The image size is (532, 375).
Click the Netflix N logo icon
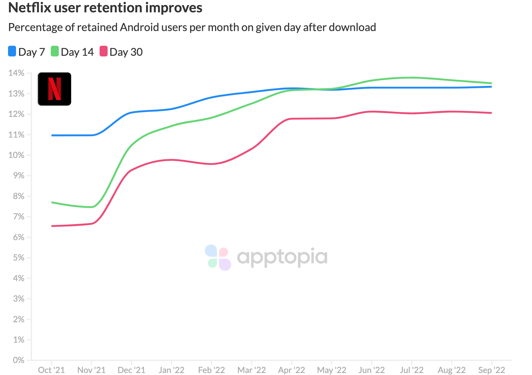coord(54,89)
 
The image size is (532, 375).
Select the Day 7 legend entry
coord(27,52)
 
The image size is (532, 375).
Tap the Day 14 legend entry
coord(73,52)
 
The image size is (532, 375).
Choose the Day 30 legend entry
coord(121,52)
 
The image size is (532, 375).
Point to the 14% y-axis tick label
coord(16,73)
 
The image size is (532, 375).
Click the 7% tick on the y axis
coord(18,217)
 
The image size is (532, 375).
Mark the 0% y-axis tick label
coord(18,360)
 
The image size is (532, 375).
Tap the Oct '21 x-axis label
coord(51,370)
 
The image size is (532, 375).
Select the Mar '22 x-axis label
coord(251,370)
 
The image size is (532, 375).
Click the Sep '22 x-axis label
coord(492,370)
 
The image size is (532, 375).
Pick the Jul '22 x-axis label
coord(411,370)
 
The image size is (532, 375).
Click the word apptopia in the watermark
coord(282,257)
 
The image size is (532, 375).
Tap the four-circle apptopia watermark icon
coord(218,257)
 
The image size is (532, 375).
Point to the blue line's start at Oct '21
coord(52,135)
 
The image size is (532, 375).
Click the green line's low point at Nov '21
coord(92,207)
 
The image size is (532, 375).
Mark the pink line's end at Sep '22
coord(491,113)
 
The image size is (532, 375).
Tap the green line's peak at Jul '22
coord(411,77)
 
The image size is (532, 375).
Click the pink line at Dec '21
coord(131,170)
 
